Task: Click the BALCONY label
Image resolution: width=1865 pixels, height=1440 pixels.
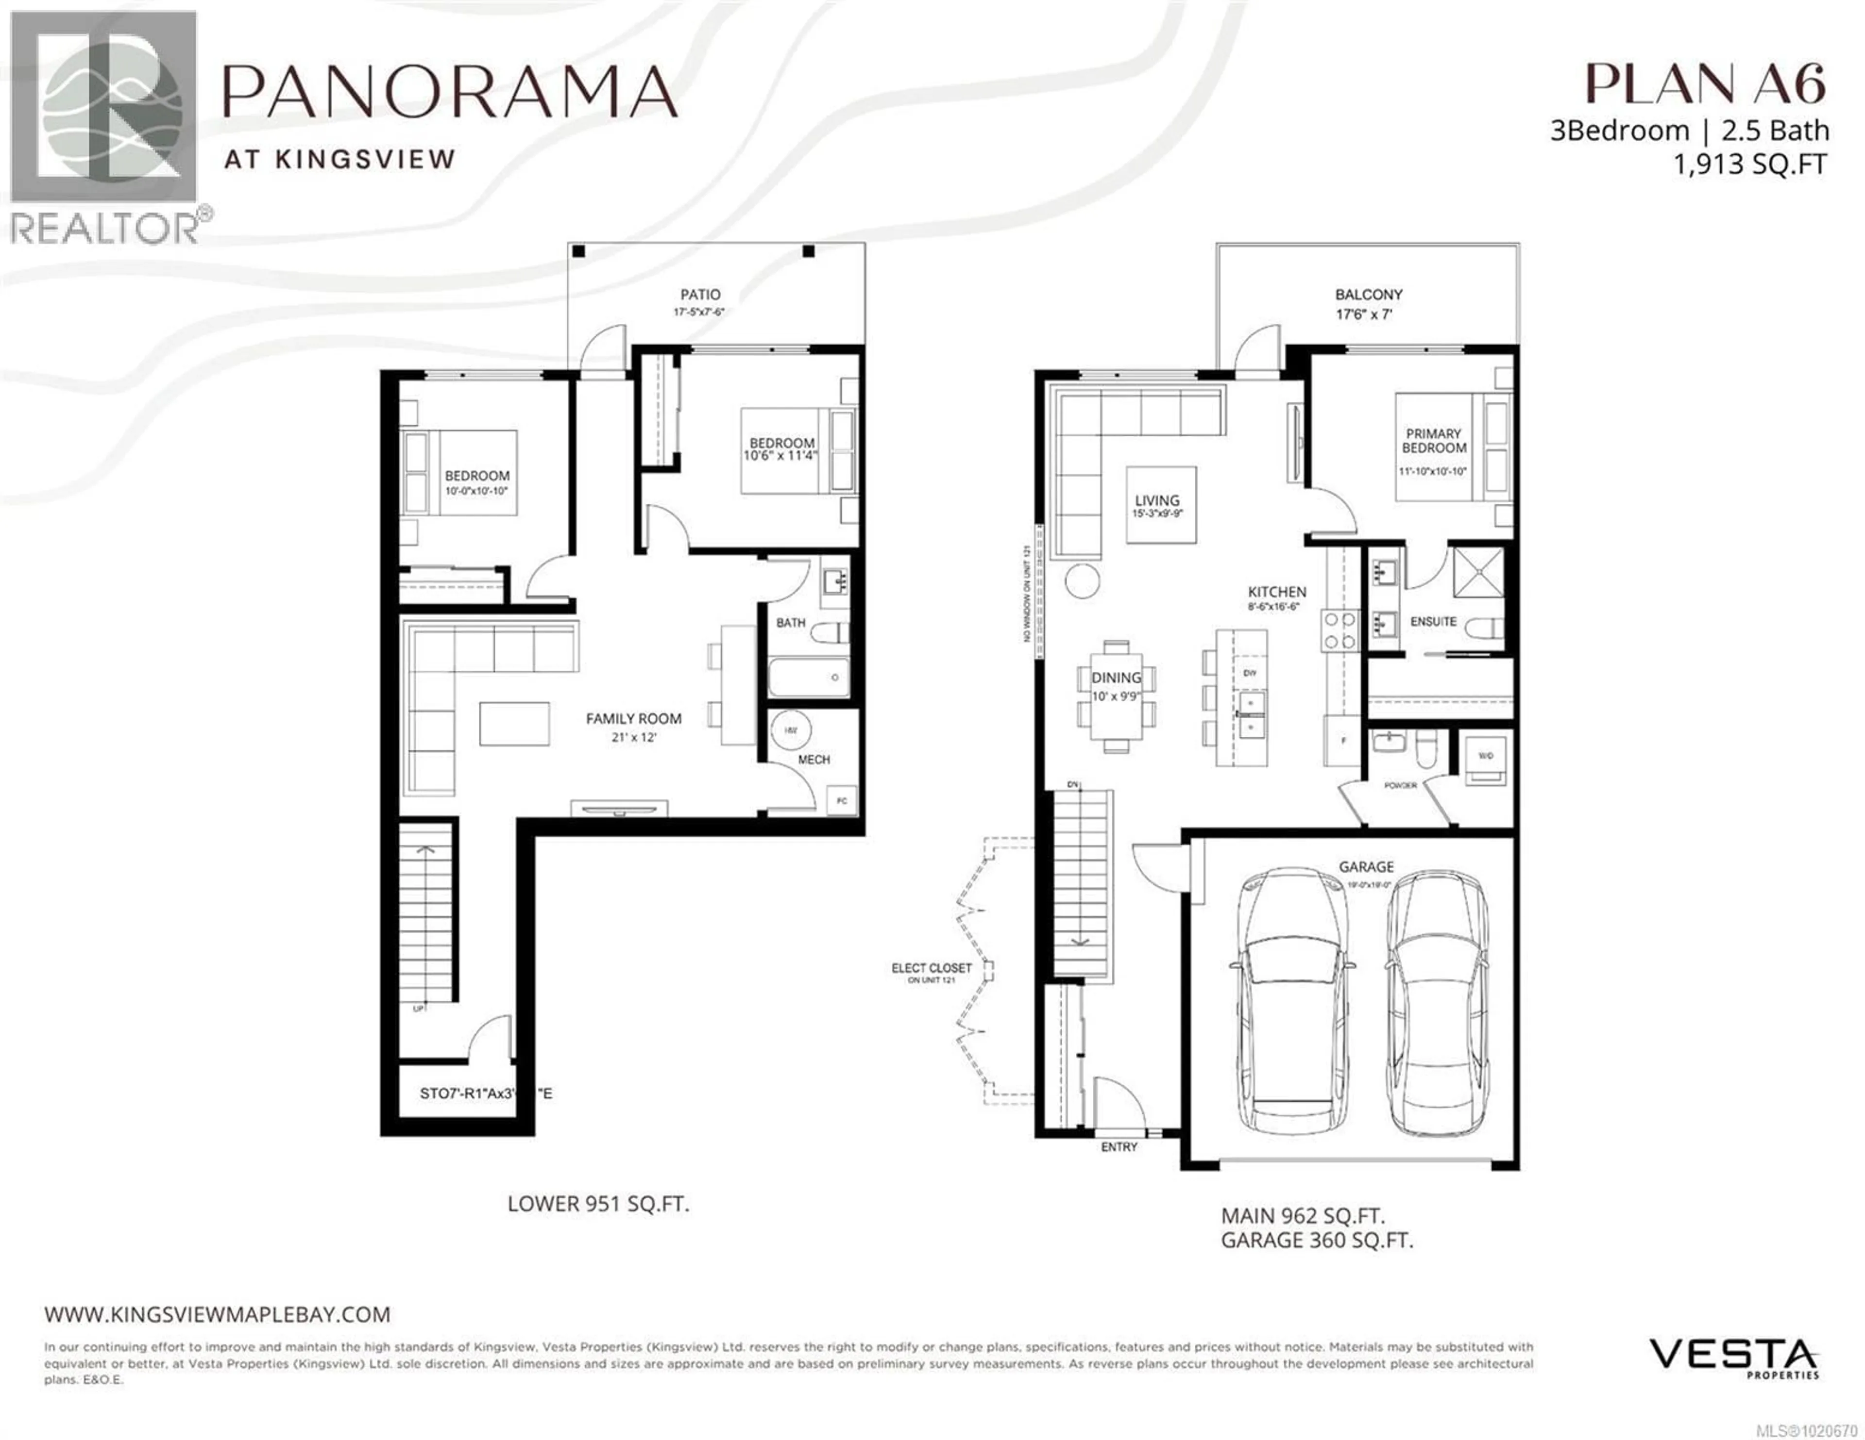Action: (x=1369, y=295)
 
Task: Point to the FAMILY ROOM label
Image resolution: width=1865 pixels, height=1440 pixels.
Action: (x=633, y=719)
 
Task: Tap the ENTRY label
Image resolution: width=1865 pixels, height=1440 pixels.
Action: (x=1119, y=1146)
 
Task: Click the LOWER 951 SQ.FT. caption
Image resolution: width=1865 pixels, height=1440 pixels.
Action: (x=598, y=1205)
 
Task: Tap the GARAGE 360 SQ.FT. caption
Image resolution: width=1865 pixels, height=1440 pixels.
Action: (x=1317, y=1240)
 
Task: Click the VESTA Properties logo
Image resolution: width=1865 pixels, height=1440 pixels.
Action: (x=1733, y=1359)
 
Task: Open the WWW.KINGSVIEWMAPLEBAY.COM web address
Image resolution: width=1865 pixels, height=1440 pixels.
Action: (x=217, y=1314)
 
